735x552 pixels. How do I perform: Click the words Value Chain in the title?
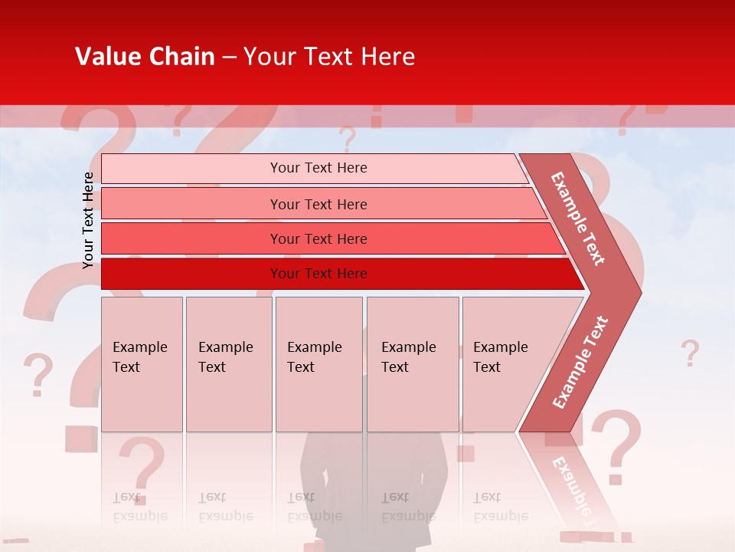(145, 57)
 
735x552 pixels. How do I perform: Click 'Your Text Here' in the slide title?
(329, 57)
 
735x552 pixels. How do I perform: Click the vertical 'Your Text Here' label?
(88, 220)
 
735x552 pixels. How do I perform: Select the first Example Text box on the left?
(142, 363)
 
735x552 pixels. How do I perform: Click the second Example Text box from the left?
(228, 363)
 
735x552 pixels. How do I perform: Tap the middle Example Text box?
(318, 363)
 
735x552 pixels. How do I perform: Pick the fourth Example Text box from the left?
(412, 363)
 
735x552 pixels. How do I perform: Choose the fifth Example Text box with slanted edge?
(509, 363)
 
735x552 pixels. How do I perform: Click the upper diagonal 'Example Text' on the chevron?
(578, 218)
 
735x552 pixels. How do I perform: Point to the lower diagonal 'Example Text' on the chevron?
(580, 363)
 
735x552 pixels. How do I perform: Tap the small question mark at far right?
(690, 353)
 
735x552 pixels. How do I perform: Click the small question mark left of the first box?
(38, 374)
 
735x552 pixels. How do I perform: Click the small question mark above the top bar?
(348, 140)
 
